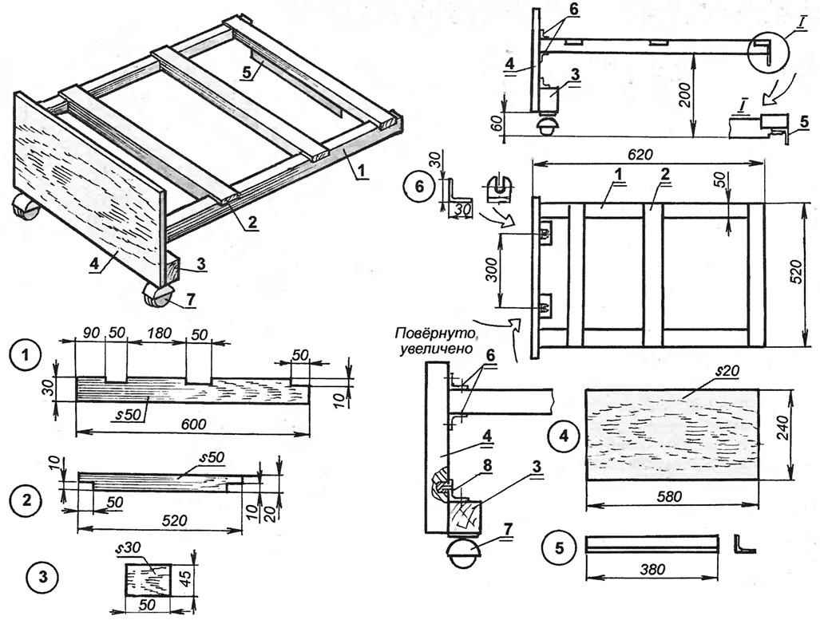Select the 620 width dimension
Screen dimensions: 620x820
645,153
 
